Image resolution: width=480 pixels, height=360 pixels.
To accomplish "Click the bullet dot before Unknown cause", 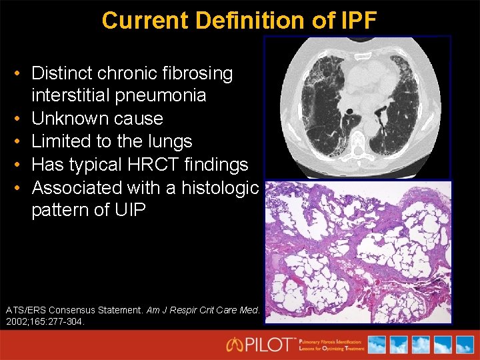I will tap(21, 119).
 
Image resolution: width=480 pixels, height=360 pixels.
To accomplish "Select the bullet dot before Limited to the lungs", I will tap(21, 141).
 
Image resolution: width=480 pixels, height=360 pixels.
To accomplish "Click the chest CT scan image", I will tap(358, 107).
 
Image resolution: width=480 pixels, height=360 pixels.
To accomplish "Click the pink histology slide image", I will tap(358, 251).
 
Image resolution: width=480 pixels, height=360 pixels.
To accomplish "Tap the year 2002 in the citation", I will tap(18, 321).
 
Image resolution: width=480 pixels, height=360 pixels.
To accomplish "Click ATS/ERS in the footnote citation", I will tap(27, 310).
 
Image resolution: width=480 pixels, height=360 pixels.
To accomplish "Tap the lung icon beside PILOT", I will tap(235, 345).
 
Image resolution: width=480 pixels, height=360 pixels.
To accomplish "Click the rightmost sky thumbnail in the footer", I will tap(463, 345).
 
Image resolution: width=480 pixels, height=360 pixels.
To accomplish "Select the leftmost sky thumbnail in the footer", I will tap(377, 345).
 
